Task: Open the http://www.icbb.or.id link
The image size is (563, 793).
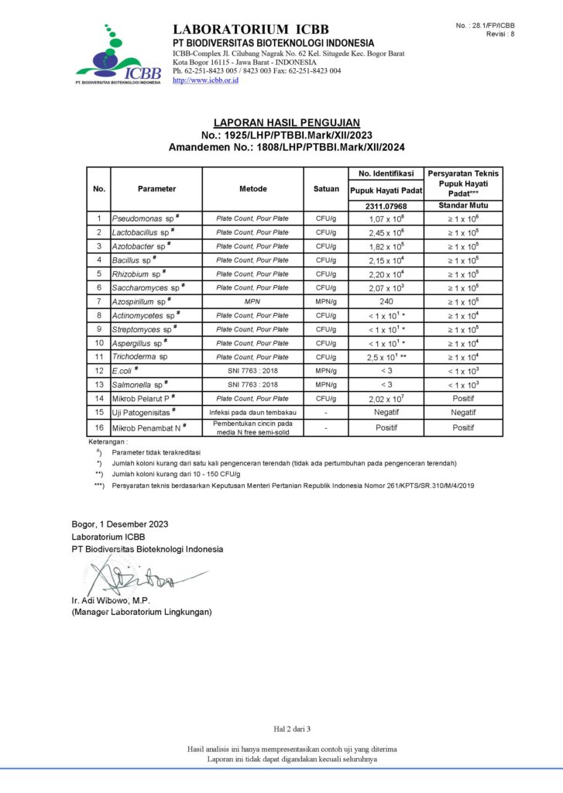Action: pyautogui.click(x=205, y=80)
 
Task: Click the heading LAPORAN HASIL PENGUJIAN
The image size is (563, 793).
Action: pyautogui.click(x=287, y=122)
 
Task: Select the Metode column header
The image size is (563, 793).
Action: pyautogui.click(x=252, y=188)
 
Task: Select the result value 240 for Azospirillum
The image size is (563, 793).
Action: pyautogui.click(x=387, y=302)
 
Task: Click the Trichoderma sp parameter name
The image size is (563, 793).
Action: pyautogui.click(x=140, y=357)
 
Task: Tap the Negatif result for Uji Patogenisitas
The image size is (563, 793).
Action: pyautogui.click(x=387, y=413)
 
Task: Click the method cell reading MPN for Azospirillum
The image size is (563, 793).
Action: pyautogui.click(x=252, y=302)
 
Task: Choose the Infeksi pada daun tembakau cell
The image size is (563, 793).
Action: pyautogui.click(x=252, y=413)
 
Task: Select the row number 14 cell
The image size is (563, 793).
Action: pyautogui.click(x=99, y=399)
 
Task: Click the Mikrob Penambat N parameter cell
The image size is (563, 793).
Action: pyautogui.click(x=149, y=427)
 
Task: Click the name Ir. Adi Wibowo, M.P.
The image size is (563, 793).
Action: pyautogui.click(x=111, y=601)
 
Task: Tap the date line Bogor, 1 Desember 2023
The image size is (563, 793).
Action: pyautogui.click(x=120, y=524)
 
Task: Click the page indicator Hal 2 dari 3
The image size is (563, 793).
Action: pyautogui.click(x=292, y=729)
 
